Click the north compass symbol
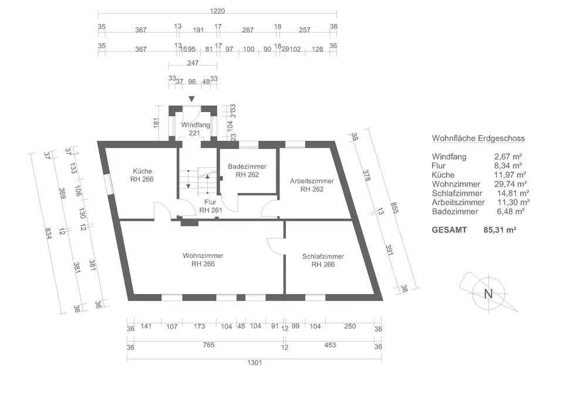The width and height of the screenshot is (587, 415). [x=487, y=293]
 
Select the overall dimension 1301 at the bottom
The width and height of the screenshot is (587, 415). [x=254, y=363]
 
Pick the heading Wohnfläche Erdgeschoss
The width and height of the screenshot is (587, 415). [x=478, y=139]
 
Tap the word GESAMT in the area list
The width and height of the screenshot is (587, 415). [x=450, y=230]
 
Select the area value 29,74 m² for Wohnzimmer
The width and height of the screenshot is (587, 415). [x=510, y=184]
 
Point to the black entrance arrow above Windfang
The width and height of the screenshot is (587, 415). [x=191, y=100]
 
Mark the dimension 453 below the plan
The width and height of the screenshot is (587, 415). [x=330, y=346]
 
